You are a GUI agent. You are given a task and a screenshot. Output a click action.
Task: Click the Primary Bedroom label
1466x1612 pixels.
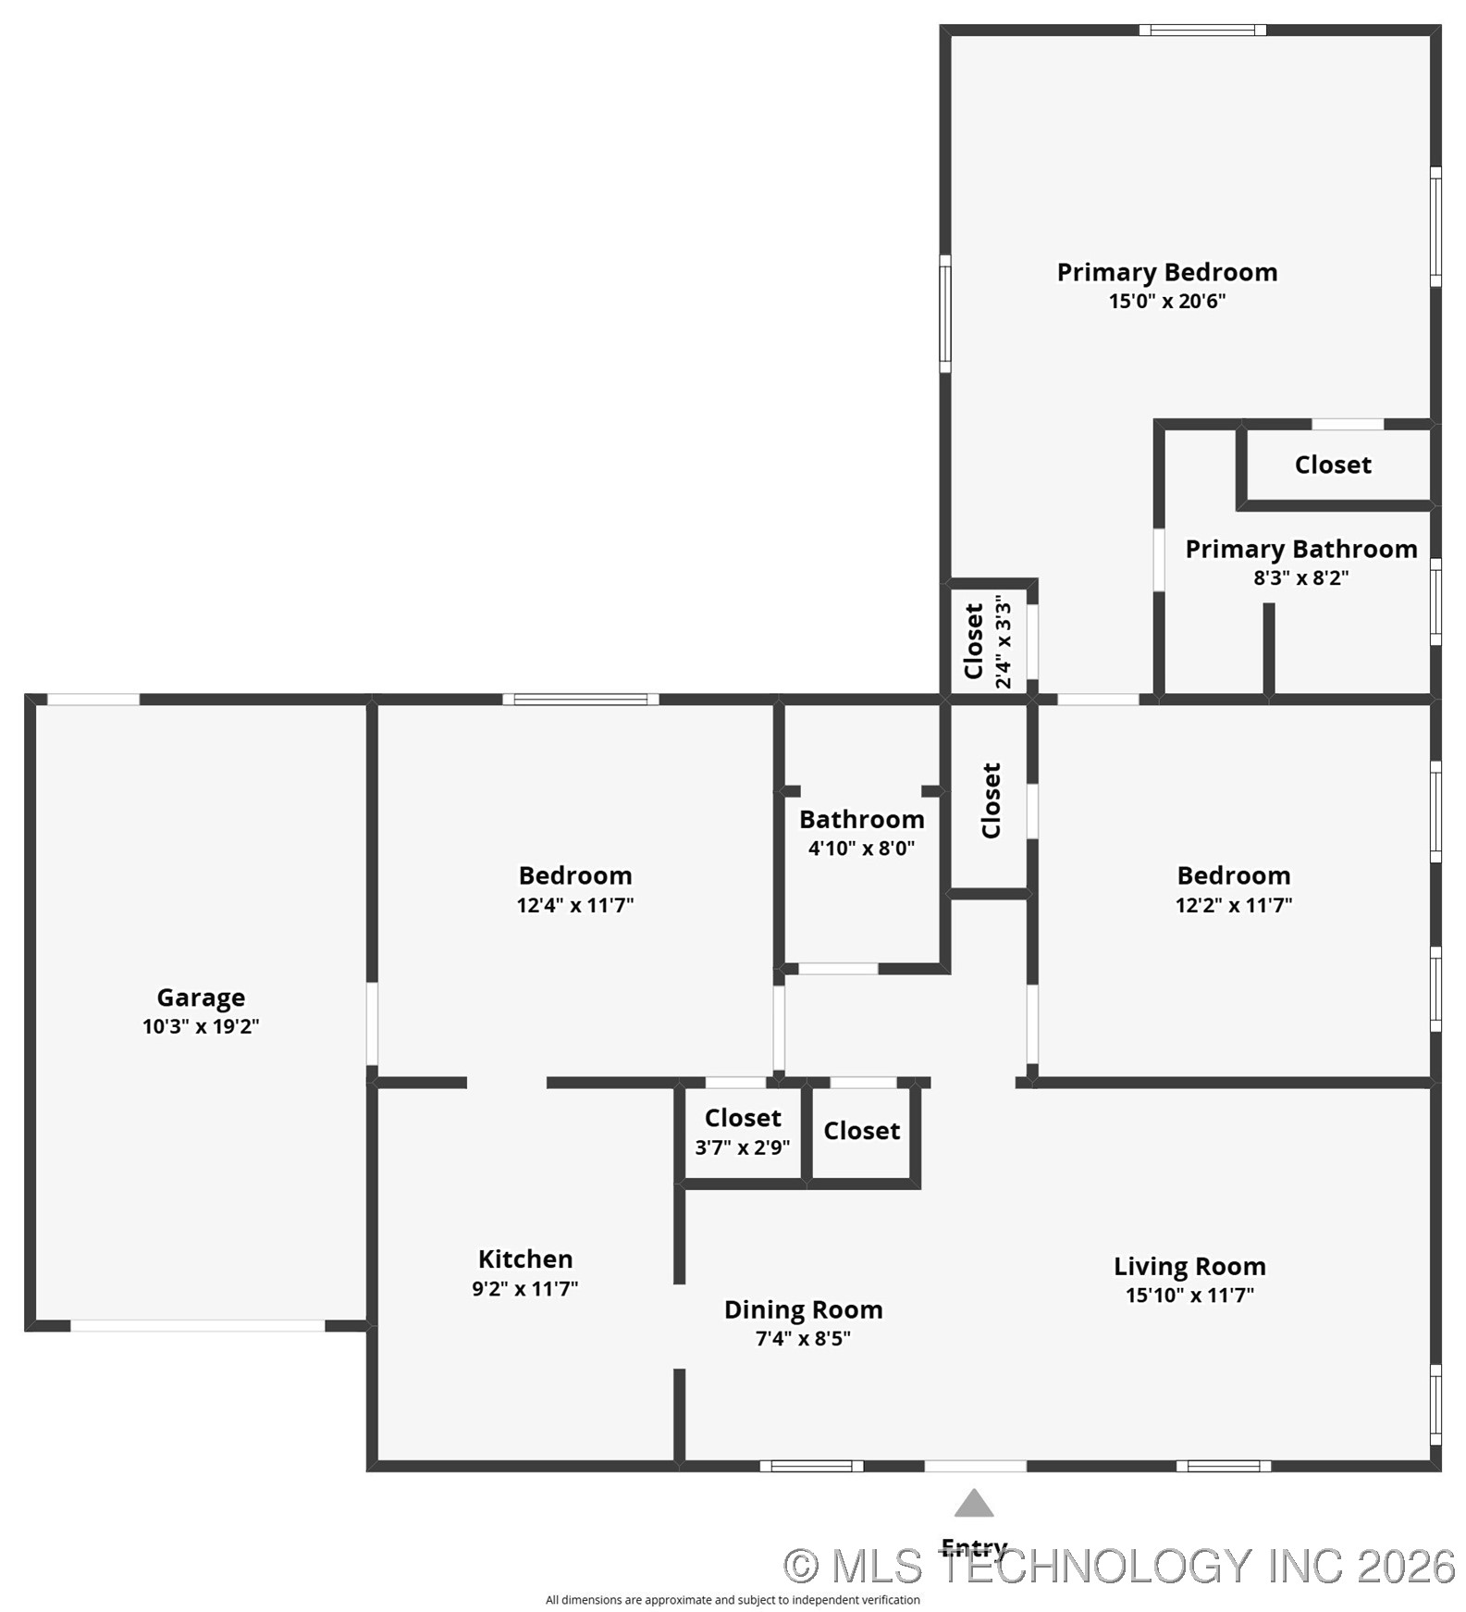click(1166, 272)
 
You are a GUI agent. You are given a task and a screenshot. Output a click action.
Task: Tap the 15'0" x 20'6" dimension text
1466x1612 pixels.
click(1166, 301)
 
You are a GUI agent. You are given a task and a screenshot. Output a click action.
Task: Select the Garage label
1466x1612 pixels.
click(201, 998)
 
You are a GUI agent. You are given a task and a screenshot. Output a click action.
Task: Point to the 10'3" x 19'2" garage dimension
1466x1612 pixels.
click(201, 1026)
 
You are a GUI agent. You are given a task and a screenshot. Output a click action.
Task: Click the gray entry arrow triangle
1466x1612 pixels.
click(974, 1504)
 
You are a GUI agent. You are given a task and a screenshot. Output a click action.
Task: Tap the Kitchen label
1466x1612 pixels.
click(525, 1259)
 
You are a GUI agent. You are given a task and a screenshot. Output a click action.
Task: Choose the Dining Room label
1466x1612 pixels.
click(803, 1309)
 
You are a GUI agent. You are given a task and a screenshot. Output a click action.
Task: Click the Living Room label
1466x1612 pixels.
click(1189, 1266)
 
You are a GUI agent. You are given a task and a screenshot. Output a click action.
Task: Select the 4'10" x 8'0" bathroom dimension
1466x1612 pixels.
click(861, 848)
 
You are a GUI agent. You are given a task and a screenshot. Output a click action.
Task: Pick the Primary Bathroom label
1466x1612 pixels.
click(1300, 549)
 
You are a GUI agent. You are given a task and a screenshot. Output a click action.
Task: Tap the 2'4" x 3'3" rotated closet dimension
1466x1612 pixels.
click(1004, 641)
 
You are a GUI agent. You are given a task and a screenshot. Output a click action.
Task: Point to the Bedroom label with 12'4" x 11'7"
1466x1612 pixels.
click(575, 875)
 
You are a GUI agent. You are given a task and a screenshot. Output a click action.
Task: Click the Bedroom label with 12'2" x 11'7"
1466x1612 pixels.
click(1233, 875)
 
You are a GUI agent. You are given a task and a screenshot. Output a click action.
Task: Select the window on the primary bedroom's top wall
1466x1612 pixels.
click(1202, 30)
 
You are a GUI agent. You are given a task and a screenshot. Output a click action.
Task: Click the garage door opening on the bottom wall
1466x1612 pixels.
click(198, 1326)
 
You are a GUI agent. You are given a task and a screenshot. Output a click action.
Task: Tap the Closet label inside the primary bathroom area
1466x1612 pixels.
click(1333, 465)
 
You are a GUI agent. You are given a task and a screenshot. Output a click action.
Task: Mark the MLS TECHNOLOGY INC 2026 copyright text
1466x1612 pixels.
click(1119, 1566)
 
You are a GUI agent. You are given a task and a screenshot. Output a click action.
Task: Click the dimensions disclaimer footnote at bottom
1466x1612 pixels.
click(733, 1600)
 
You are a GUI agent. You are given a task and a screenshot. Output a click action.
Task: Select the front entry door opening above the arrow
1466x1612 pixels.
click(975, 1466)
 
